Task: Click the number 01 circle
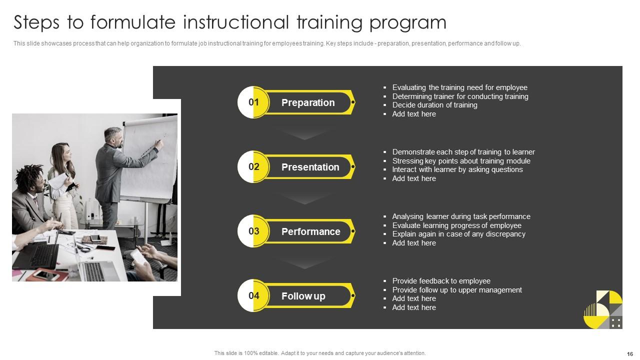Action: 254,102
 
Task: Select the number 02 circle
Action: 254,167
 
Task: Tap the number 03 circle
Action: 254,231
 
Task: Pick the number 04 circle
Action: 254,296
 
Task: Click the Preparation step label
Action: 308,102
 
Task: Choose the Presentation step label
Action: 310,167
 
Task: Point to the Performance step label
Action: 310,231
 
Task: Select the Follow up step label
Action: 303,296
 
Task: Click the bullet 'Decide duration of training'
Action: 434,105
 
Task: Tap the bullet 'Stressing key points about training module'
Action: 461,161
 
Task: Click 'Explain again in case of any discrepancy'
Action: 458,234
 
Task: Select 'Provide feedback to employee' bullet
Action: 441,281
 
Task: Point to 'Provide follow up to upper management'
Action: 457,290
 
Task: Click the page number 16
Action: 629,353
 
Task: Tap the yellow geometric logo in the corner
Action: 603,309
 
